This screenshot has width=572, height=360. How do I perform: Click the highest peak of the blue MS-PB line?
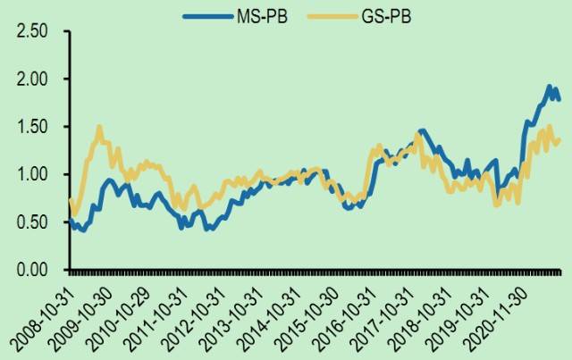[x=548, y=87]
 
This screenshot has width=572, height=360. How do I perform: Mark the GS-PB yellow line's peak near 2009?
[x=98, y=127]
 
